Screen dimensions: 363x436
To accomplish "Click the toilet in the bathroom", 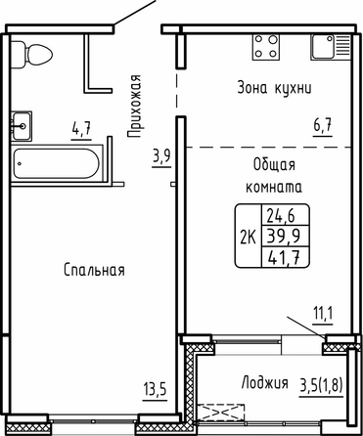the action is pyautogui.click(x=31, y=55).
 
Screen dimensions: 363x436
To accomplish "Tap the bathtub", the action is pyautogui.click(x=57, y=164).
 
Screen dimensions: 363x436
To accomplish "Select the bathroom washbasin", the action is pyautogui.click(x=22, y=126).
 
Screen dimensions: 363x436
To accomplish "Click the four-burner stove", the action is pyautogui.click(x=266, y=47).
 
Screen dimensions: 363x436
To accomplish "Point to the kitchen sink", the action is pyautogui.click(x=331, y=47).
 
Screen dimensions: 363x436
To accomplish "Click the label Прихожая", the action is pyautogui.click(x=134, y=106).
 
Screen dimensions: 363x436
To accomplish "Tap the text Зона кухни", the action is pyautogui.click(x=274, y=88).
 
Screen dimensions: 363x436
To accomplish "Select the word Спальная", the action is pyautogui.click(x=94, y=270).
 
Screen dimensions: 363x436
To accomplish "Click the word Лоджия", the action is pyautogui.click(x=264, y=382).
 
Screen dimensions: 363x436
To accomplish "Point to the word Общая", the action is pyautogui.click(x=274, y=165).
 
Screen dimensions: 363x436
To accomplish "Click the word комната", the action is pyautogui.click(x=274, y=188).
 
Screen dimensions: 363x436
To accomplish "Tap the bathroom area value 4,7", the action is pyautogui.click(x=81, y=128).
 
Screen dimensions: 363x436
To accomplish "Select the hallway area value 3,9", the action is pyautogui.click(x=161, y=156).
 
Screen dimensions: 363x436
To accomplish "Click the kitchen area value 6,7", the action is pyautogui.click(x=323, y=125).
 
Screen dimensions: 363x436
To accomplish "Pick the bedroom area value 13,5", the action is pyautogui.click(x=155, y=389).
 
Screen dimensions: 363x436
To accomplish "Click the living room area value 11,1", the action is pyautogui.click(x=323, y=314).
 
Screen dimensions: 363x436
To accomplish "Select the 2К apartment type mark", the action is pyautogui.click(x=249, y=237).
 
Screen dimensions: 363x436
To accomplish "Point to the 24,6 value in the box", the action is pyautogui.click(x=281, y=215).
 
